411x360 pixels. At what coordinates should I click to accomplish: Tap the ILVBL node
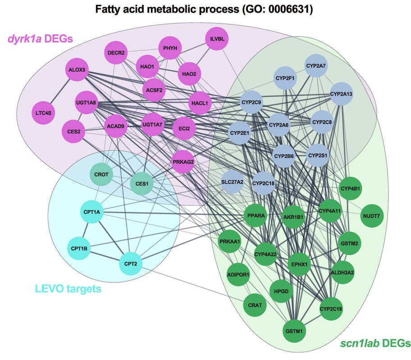[x=217, y=39]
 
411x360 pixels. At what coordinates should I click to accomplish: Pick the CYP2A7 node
[x=316, y=66]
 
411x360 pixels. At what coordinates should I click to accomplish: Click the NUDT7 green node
[x=371, y=216]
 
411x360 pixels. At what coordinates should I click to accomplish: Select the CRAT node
[x=255, y=305]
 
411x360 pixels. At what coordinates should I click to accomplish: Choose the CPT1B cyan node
[x=79, y=248]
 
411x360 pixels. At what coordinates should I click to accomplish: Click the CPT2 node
[x=131, y=263]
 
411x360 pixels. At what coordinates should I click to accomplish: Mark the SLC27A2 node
[x=233, y=182]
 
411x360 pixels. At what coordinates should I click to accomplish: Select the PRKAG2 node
[x=183, y=162]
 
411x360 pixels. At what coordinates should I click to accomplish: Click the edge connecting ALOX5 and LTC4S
[x=61, y=91]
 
